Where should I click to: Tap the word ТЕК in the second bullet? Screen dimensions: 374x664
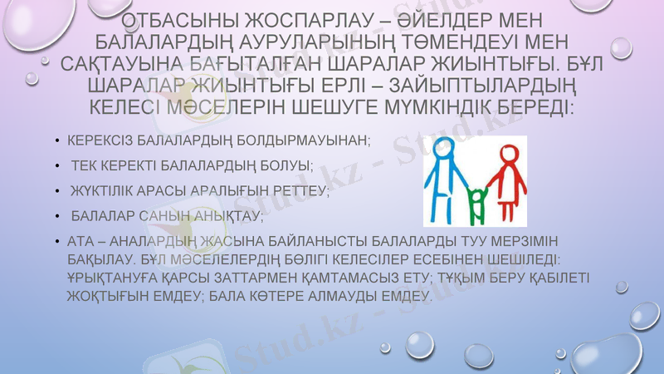tap(84, 166)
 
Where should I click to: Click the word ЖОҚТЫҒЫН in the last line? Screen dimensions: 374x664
tap(107, 295)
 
